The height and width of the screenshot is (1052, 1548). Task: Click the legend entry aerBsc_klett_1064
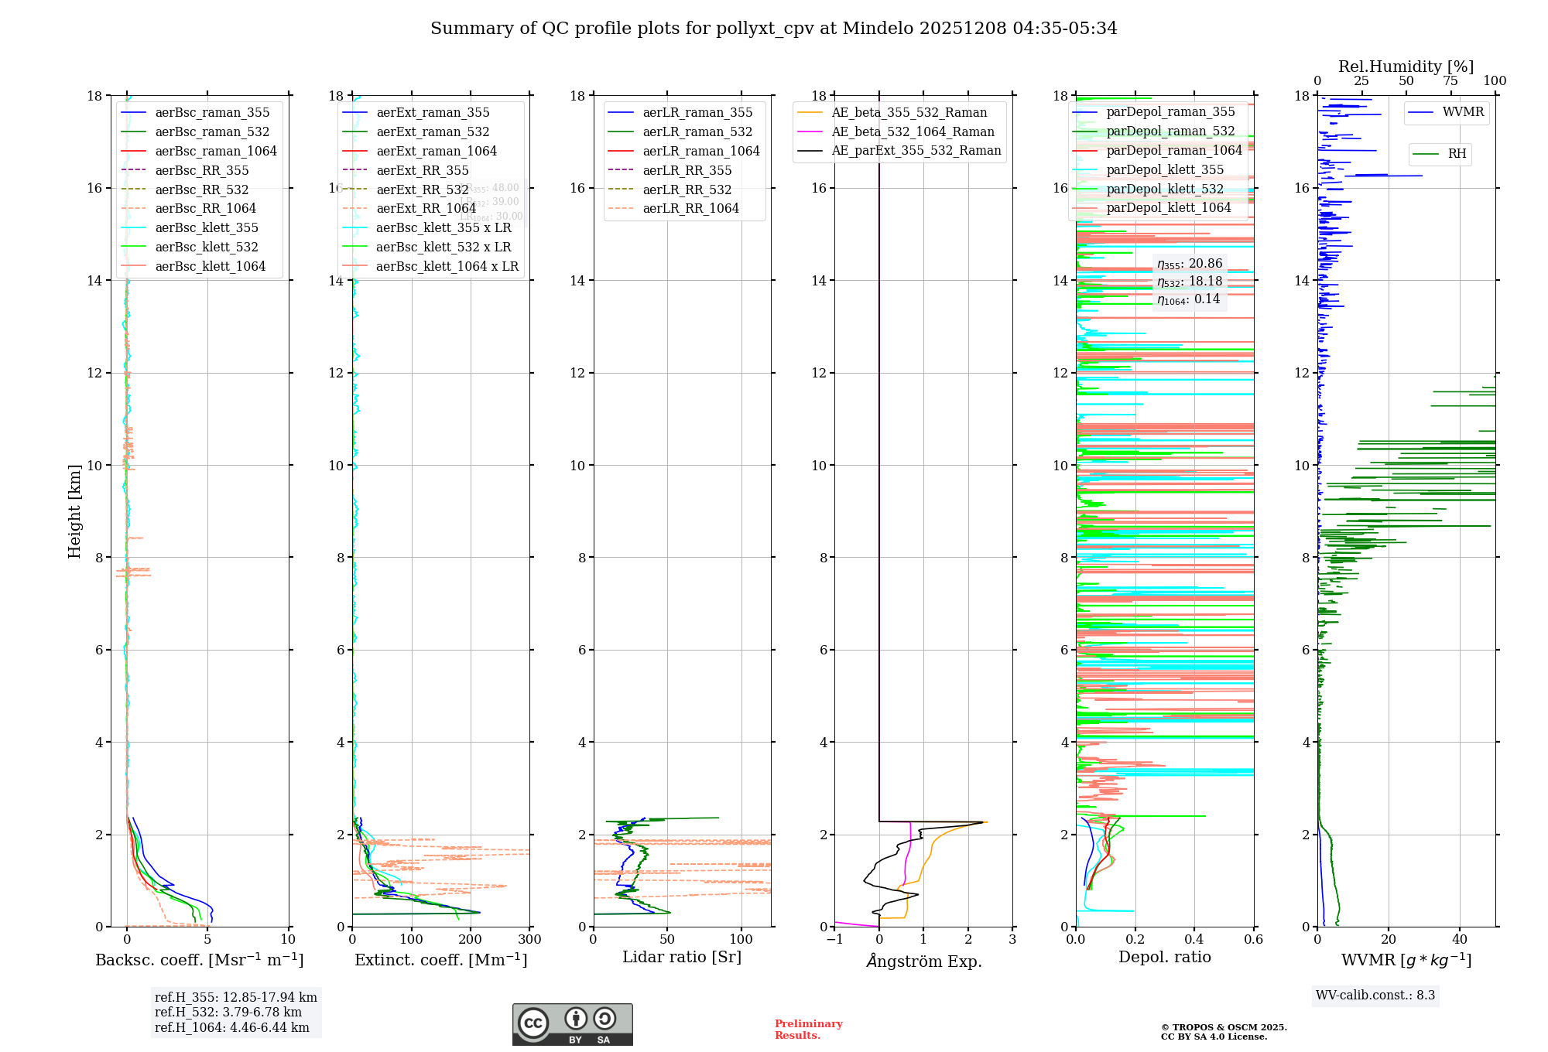coord(210,266)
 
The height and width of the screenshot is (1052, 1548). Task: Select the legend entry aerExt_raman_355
coord(433,112)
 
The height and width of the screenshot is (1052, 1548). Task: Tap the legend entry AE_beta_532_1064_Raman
coord(913,131)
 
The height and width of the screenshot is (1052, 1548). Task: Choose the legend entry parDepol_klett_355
coord(1165,169)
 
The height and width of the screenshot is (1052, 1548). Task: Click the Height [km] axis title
coord(74,511)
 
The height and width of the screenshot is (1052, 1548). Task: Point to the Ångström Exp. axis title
coord(924,961)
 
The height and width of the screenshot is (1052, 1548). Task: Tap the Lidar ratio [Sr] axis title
coord(682,957)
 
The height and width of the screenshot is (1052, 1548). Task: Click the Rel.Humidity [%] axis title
coord(1406,67)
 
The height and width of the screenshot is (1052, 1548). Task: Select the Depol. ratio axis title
coord(1164,957)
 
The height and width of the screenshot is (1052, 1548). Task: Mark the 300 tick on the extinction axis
coord(530,940)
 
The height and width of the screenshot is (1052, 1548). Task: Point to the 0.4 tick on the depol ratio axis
coord(1194,940)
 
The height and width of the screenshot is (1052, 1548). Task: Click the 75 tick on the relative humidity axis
coord(1450,81)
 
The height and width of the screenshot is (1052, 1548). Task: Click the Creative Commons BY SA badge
coord(572,1024)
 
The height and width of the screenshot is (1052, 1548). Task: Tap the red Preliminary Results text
coord(808,1029)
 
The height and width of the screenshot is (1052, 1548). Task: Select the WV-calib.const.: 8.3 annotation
coord(1375,995)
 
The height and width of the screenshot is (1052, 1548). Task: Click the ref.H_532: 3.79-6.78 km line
coord(228,1012)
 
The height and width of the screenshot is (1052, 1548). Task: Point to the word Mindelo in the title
coord(878,29)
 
